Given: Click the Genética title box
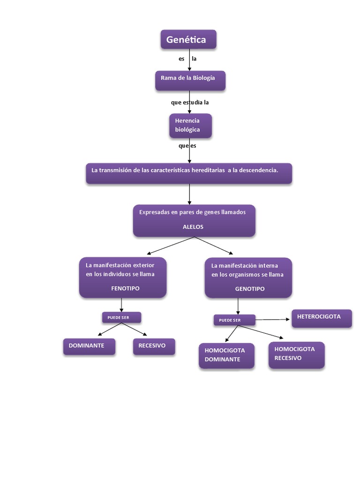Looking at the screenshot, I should [x=188, y=40].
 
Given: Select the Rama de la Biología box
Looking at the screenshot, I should [x=190, y=80].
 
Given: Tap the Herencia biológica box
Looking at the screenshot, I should [x=190, y=126].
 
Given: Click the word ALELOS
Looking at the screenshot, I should [x=193, y=227].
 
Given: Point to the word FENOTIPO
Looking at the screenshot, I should [x=125, y=289].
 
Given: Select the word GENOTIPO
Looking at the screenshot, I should [x=249, y=289].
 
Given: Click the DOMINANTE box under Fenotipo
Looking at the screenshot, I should [x=89, y=346].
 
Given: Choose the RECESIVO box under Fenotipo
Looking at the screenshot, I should [x=154, y=346].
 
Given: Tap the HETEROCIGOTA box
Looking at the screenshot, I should [x=322, y=318].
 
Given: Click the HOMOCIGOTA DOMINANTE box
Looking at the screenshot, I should [x=226, y=356].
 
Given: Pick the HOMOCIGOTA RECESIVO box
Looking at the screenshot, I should [x=296, y=355].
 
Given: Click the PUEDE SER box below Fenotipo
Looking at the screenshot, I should [x=121, y=318].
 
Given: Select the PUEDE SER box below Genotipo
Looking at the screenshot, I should [x=234, y=321].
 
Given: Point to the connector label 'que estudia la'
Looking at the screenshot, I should [x=189, y=102].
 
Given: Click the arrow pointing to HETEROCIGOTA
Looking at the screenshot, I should [x=273, y=320].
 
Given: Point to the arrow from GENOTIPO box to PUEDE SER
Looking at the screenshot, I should [x=238, y=306].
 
